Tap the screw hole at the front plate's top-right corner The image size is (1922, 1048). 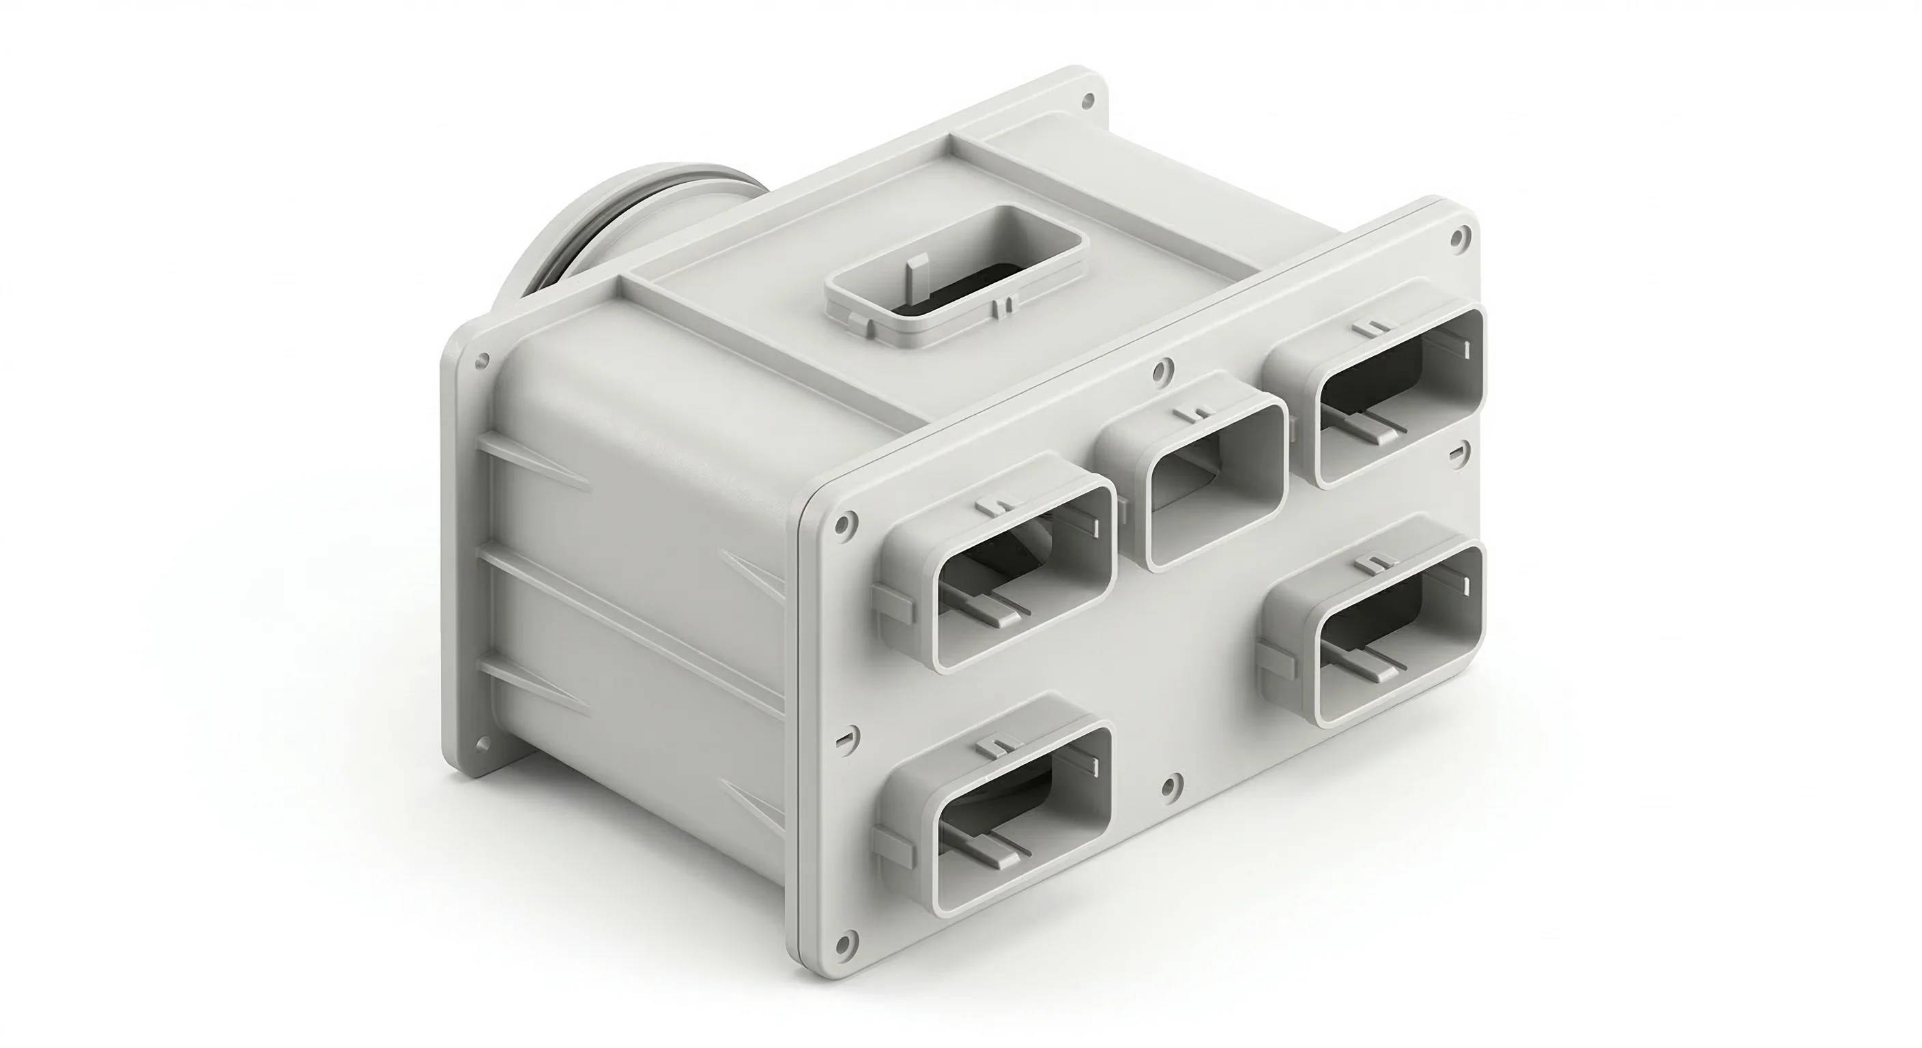1456,238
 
